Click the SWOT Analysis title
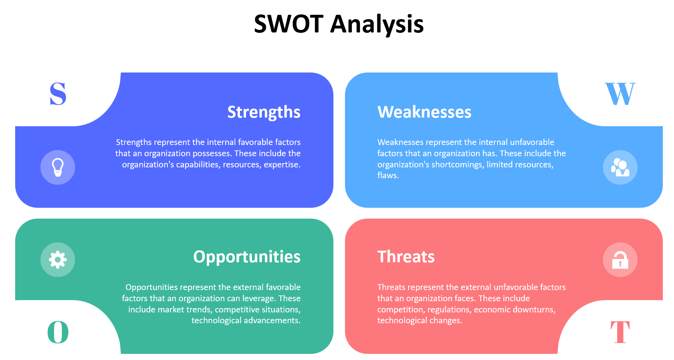pos(338,24)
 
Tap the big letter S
pos(58,94)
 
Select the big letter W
pos(620,94)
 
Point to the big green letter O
pos(58,332)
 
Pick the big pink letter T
pos(620,332)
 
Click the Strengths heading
pos(264,112)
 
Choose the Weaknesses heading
pos(424,112)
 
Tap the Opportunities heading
pos(247,257)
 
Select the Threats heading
pos(406,257)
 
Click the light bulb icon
pos(58,167)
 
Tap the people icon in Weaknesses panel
pos(620,167)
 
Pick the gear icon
pos(58,260)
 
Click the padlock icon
pos(620,260)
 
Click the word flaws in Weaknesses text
pos(388,176)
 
